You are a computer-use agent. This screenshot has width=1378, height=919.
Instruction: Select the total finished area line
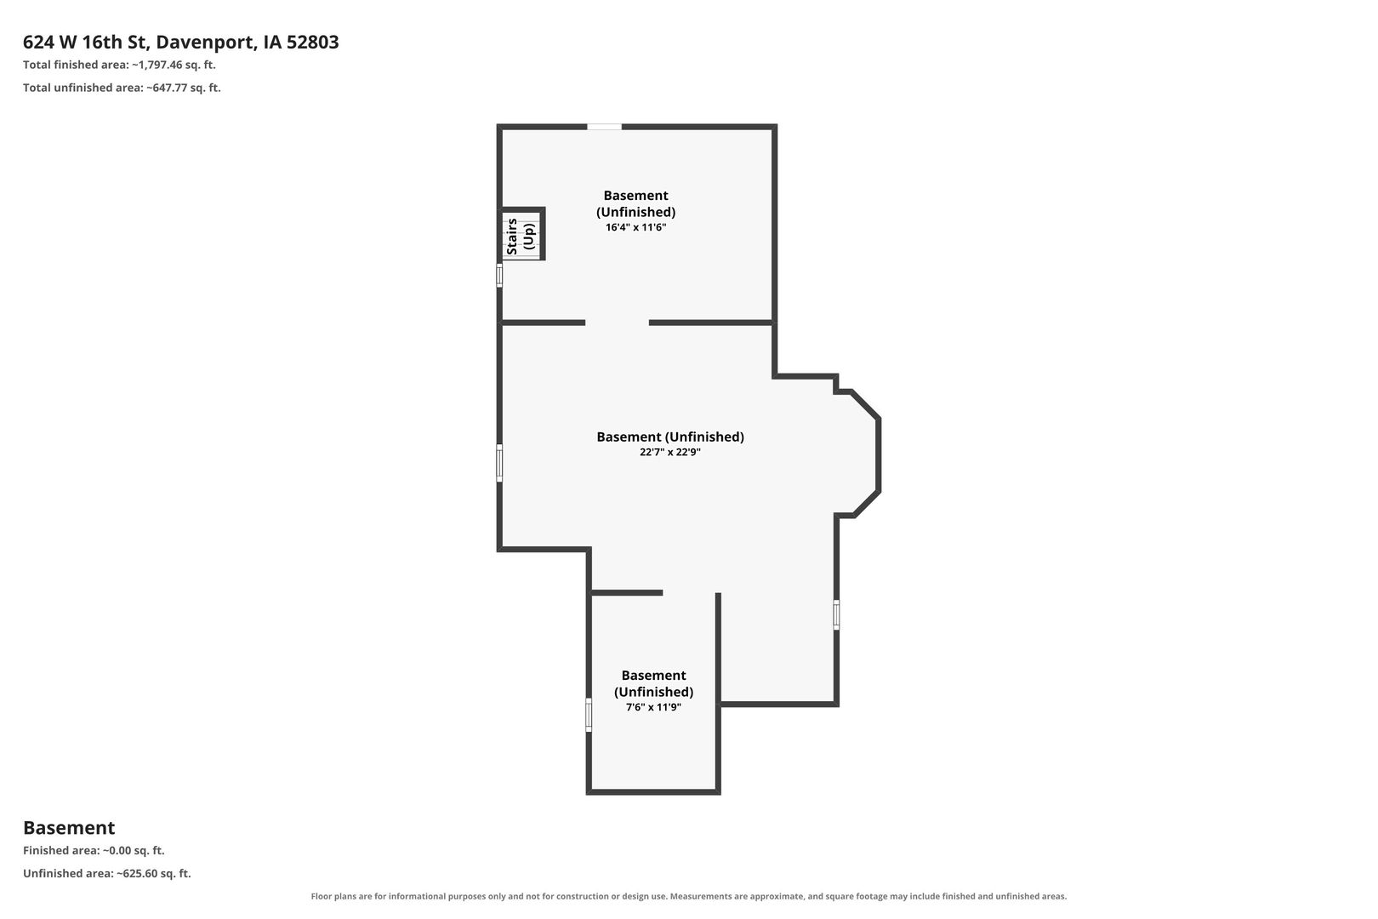point(119,65)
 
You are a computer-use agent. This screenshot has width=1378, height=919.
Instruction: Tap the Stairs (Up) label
point(521,237)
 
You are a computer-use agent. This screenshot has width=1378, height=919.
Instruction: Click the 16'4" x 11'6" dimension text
point(635,227)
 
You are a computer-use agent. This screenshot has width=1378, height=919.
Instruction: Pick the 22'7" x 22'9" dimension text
point(670,452)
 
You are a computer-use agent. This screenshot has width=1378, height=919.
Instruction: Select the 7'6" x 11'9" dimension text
point(653,706)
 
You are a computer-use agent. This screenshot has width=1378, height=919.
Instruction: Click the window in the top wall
point(604,127)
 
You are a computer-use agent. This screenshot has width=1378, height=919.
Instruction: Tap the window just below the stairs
point(499,275)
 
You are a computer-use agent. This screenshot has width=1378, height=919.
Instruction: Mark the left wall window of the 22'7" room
point(499,463)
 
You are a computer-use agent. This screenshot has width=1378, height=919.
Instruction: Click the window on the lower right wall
point(836,614)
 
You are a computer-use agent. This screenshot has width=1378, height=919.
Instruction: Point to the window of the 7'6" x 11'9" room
point(589,715)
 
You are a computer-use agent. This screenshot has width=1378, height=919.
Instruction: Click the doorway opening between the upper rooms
point(617,323)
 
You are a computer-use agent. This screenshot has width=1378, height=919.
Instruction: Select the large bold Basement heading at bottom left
point(69,827)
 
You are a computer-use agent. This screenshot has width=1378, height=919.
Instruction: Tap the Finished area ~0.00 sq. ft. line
point(94,850)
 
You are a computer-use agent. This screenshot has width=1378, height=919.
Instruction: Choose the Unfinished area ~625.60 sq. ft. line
point(107,873)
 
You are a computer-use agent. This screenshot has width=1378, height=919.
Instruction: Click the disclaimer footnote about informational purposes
point(688,896)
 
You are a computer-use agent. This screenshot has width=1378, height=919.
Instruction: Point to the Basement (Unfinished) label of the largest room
point(670,437)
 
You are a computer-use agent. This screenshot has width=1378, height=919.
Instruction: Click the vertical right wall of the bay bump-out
point(879,455)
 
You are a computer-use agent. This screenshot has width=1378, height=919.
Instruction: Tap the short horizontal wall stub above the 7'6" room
point(626,593)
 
